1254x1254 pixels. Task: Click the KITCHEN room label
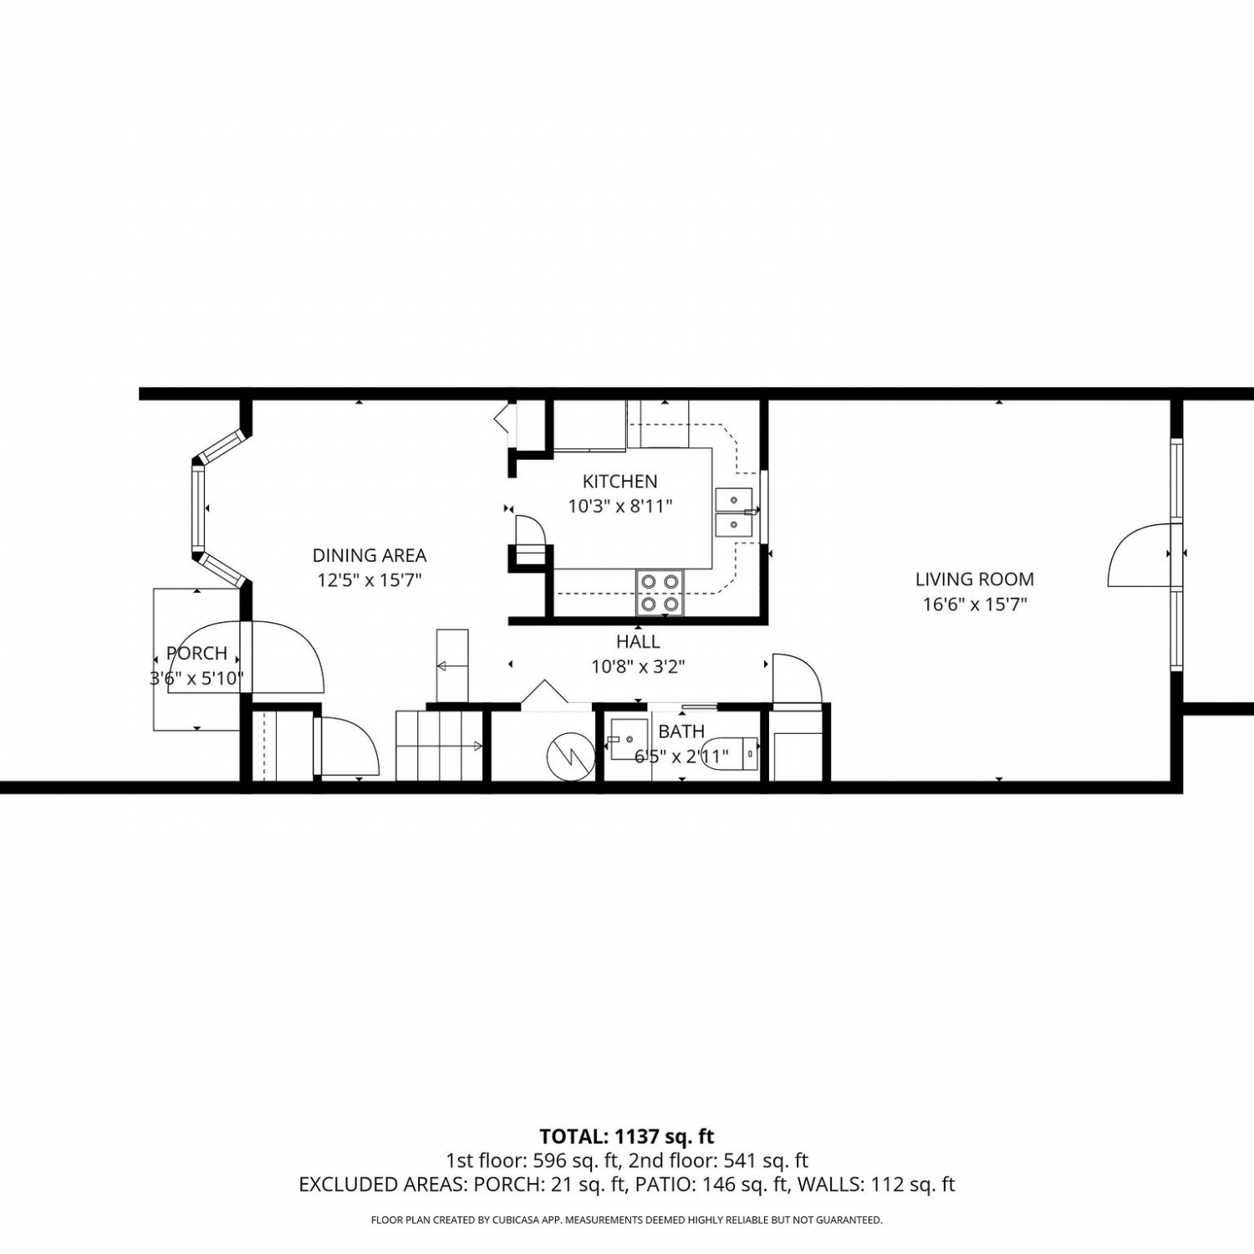point(619,482)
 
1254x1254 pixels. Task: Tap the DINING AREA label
point(370,555)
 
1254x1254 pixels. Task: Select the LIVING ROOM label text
point(974,579)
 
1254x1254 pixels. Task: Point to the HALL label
point(638,642)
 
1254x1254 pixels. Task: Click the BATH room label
point(681,731)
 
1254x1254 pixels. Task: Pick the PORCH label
point(196,654)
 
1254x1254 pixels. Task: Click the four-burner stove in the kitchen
point(660,592)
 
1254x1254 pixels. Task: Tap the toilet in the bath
point(730,752)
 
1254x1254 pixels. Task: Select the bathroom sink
point(627,739)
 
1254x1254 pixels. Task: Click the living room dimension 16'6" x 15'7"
point(974,604)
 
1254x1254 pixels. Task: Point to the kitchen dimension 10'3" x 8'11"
point(619,507)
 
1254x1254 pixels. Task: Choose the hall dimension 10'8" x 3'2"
point(638,667)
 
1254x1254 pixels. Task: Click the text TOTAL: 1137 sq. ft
point(627,1136)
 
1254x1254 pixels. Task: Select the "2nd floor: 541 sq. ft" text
point(719,1160)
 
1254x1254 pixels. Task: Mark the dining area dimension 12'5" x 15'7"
point(370,580)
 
